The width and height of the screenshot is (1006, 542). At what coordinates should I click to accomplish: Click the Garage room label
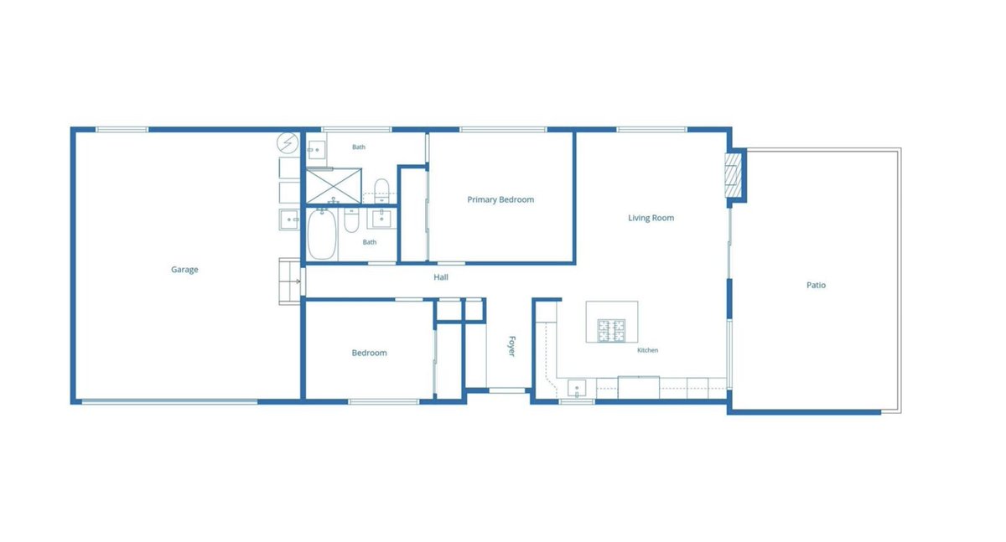click(184, 270)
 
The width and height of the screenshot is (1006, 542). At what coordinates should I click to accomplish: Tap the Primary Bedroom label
click(500, 199)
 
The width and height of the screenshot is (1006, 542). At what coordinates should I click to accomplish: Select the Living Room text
click(651, 218)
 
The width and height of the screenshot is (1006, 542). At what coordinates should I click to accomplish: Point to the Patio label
click(816, 285)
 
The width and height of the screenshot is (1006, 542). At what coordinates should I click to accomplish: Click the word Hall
click(441, 277)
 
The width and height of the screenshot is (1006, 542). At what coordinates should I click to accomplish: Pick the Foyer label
click(511, 346)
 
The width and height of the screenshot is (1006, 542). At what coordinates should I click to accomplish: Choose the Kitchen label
click(647, 350)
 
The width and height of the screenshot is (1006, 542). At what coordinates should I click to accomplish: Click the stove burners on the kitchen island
click(611, 331)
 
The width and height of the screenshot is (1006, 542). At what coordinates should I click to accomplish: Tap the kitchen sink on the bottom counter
click(577, 388)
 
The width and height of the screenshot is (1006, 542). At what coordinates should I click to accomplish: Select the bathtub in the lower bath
click(322, 234)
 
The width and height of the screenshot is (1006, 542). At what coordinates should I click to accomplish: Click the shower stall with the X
click(334, 185)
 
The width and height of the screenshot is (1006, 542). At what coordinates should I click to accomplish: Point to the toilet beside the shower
click(381, 190)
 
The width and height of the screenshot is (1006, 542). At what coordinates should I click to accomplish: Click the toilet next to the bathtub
click(351, 219)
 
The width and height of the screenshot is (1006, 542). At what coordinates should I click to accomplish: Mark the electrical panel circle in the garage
click(288, 142)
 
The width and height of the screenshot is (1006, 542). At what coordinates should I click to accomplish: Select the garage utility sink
click(289, 219)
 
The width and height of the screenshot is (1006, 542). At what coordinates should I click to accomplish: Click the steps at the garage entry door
click(290, 281)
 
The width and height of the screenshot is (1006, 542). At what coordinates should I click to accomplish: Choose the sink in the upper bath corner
click(316, 150)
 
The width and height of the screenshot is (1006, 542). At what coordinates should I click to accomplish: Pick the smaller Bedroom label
click(369, 354)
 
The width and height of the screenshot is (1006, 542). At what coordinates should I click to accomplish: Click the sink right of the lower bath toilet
click(381, 218)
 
